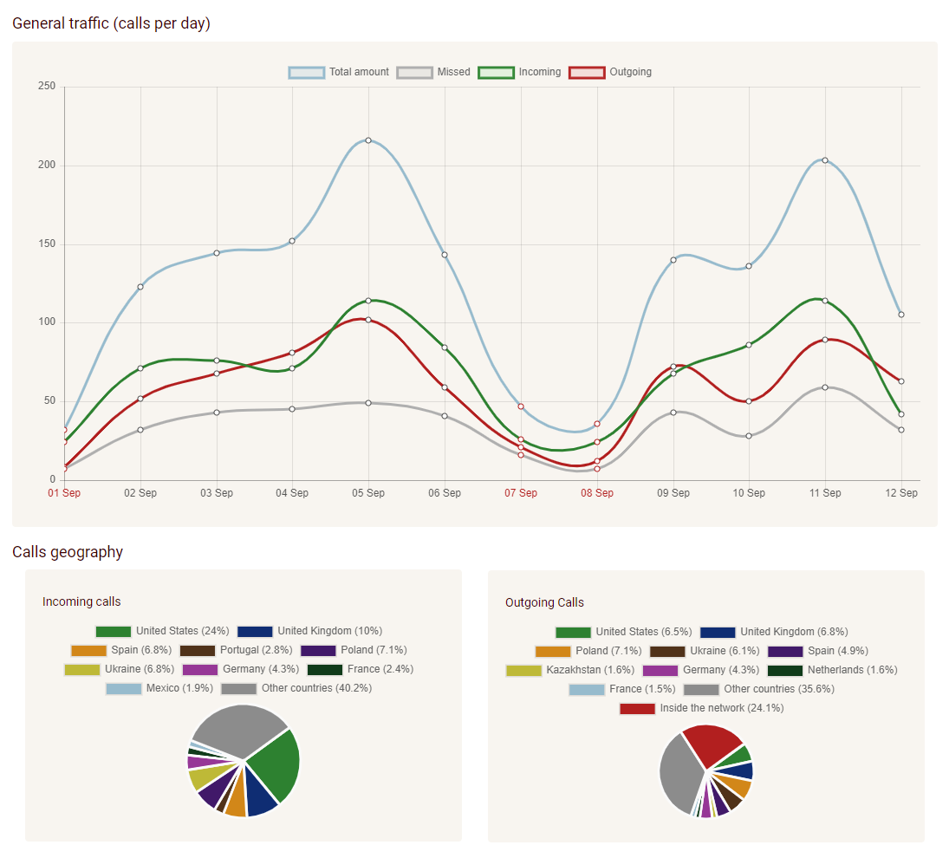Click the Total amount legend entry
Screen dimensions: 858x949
pyautogui.click(x=340, y=72)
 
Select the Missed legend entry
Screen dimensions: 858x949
pyautogui.click(x=434, y=72)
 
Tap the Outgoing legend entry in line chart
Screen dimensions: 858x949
pyautogui.click(x=611, y=72)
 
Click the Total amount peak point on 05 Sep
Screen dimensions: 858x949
pyautogui.click(x=368, y=140)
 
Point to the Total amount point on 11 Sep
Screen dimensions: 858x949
pyautogui.click(x=825, y=160)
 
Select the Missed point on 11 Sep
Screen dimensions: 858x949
pyautogui.click(x=825, y=387)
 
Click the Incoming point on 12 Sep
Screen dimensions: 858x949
pyautogui.click(x=901, y=414)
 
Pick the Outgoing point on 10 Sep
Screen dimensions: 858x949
pyautogui.click(x=749, y=401)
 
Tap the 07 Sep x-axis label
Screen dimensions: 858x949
pyautogui.click(x=521, y=493)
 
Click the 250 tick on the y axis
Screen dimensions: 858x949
pyautogui.click(x=47, y=87)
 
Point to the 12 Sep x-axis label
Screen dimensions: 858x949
pyautogui.click(x=901, y=493)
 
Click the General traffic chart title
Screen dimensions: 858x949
pyautogui.click(x=111, y=23)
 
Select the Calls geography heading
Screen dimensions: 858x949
pyautogui.click(x=68, y=552)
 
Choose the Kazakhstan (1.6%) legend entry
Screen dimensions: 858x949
pyautogui.click(x=570, y=670)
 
